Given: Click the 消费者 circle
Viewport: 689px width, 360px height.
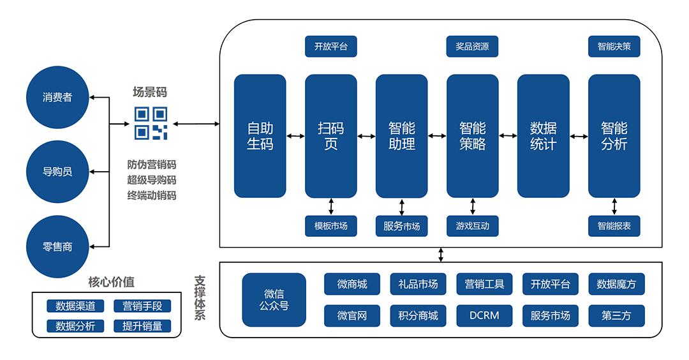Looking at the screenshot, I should [x=57, y=98].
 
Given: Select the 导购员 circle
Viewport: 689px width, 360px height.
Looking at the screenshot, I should [x=57, y=172].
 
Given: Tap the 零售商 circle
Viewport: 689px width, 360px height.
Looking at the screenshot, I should [x=57, y=246].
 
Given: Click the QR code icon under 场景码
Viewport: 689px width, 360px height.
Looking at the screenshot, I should [x=151, y=123].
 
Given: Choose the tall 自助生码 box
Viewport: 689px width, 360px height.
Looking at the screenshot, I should [x=260, y=136].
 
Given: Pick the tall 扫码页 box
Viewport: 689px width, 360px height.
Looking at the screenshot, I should [x=330, y=136].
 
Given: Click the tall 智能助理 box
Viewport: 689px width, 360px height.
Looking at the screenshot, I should [x=401, y=136].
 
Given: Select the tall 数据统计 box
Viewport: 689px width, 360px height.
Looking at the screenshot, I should [x=543, y=136].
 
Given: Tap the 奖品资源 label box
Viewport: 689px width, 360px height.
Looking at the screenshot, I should [x=472, y=47].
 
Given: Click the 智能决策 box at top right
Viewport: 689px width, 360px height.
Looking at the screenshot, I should [x=614, y=47].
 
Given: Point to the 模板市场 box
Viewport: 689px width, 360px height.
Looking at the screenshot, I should [x=330, y=225].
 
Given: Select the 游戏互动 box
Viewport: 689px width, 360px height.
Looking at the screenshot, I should [x=472, y=225].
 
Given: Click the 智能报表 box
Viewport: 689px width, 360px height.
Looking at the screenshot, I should [x=614, y=225].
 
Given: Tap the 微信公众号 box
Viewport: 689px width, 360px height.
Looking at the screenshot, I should [x=274, y=300].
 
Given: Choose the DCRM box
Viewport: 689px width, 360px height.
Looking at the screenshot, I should [x=484, y=315].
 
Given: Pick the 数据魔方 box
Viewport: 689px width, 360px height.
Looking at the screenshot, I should [x=616, y=284].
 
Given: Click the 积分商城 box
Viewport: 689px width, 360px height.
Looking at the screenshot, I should [x=418, y=315].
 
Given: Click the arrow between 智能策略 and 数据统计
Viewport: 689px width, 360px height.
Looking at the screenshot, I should [x=508, y=136].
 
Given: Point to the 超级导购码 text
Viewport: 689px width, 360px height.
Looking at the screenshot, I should [x=151, y=180].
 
